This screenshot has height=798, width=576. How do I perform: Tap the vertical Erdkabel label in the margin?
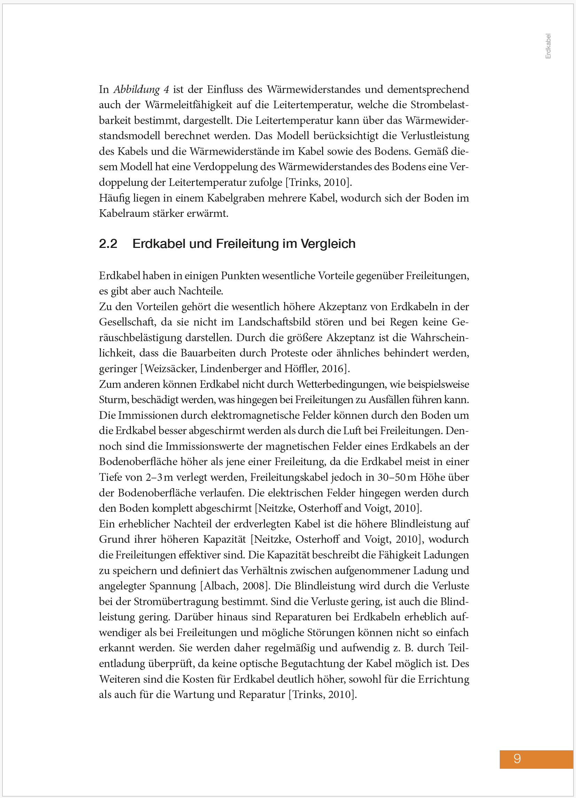pos(548,46)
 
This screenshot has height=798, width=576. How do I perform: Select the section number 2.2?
pos(108,243)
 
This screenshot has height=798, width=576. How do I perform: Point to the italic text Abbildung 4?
pos(141,89)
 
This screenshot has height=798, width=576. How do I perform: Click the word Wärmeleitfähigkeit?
pos(189,105)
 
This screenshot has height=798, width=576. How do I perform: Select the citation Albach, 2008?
pos(235,586)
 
